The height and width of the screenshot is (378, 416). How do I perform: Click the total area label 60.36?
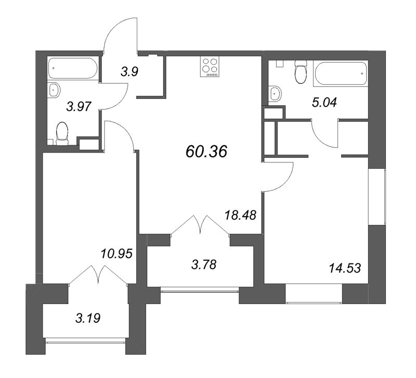point(206,152)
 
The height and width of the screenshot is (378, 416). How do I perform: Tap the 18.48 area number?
point(240,215)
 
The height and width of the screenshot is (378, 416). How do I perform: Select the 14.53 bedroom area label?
point(345,268)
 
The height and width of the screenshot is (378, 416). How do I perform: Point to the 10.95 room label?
point(116,254)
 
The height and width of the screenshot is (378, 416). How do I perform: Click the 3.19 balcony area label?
point(88,318)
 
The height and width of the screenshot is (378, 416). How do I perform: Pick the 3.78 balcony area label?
point(204,264)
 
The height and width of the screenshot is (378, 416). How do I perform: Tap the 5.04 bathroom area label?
point(324,102)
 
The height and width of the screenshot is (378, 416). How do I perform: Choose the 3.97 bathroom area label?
point(79,107)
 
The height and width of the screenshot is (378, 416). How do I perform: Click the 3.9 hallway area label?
point(129,72)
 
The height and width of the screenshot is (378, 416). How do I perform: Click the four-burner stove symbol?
point(210,67)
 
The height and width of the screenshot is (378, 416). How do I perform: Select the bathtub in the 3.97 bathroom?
point(73,68)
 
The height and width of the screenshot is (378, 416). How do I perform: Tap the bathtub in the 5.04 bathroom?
point(341,73)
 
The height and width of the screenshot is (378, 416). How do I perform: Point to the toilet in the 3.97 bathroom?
point(62,134)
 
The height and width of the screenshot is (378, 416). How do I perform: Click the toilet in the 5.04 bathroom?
point(301,72)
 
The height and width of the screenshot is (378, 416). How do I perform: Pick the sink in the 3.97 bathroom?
point(54,91)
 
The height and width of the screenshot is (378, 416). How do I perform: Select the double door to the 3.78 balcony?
point(200,224)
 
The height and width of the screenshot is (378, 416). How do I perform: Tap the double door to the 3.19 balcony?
point(98,274)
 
